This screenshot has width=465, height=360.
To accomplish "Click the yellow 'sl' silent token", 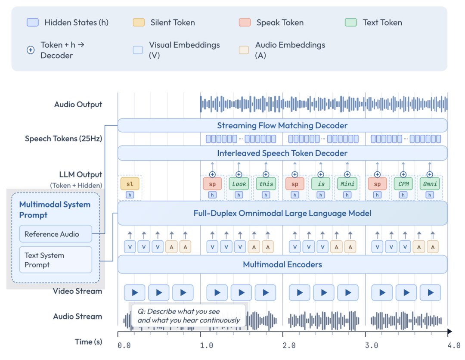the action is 130,183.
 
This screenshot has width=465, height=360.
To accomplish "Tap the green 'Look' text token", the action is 239,183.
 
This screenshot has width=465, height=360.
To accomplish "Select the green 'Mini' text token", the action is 347,183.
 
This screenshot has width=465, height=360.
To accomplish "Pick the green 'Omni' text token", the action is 430,183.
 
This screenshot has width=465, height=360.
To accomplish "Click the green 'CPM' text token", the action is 403,183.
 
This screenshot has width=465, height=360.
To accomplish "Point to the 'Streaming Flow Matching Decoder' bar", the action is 282,125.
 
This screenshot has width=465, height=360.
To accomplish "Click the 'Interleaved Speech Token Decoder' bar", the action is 282,153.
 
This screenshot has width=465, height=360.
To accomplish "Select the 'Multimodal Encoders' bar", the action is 282,264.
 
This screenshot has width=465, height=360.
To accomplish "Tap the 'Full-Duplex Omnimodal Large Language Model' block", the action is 282,213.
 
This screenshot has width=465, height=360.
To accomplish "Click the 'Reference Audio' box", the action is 56,234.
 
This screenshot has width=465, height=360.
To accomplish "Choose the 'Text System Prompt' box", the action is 56,260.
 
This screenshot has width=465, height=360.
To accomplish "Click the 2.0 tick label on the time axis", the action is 289,345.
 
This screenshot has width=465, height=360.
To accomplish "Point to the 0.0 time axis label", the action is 124,345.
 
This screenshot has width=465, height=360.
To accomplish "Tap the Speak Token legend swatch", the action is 245,22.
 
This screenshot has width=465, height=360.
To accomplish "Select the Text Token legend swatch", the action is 351,22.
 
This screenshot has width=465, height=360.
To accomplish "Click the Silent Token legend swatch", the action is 139,22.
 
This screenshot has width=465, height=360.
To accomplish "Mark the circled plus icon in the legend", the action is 31,50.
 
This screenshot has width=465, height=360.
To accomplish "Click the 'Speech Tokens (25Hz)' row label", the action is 63,139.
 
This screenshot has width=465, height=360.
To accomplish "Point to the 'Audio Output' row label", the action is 78,104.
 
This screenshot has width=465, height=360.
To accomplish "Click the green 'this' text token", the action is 266,183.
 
